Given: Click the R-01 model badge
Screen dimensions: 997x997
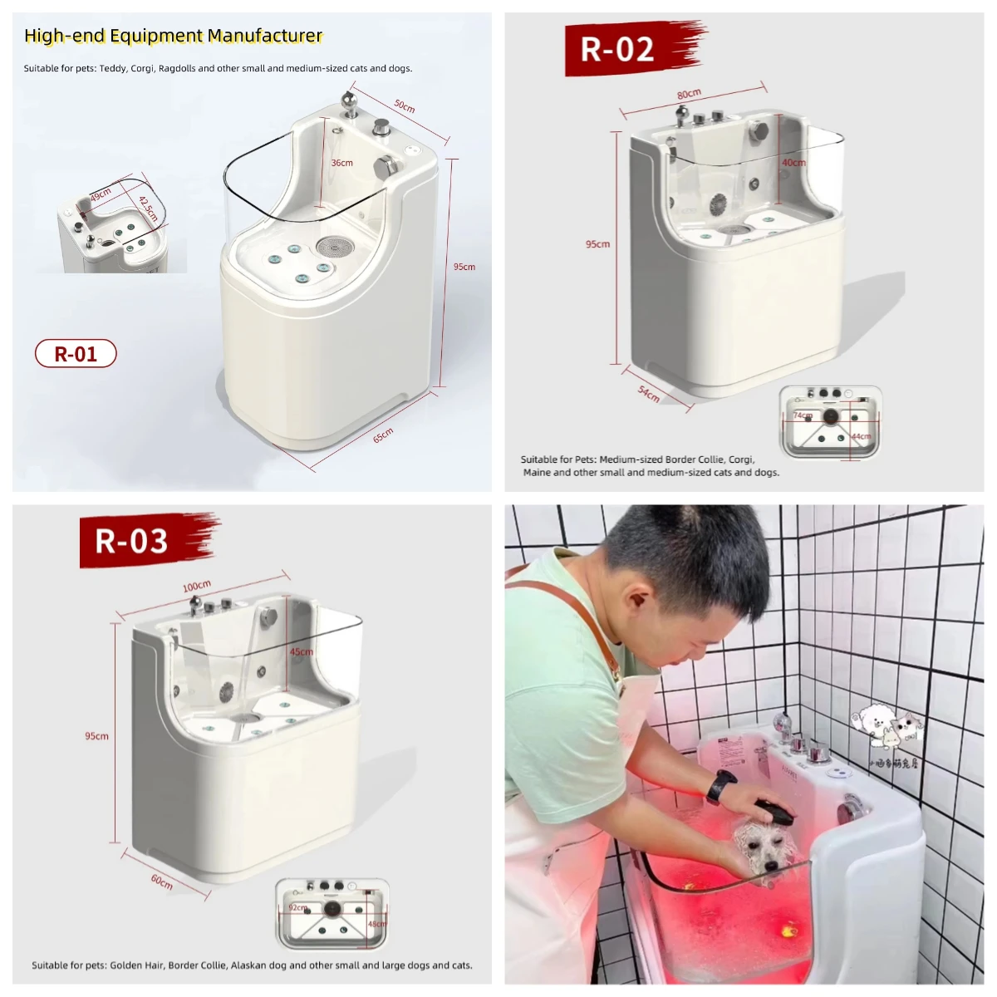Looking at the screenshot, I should coord(76,354).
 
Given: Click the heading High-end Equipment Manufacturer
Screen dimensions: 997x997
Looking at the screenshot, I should coord(173,36).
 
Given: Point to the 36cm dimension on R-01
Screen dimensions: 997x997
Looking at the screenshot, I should coord(342,163).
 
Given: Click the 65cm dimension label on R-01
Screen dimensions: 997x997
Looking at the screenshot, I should coord(383,435).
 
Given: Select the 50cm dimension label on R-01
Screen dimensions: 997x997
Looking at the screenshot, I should coord(405,106).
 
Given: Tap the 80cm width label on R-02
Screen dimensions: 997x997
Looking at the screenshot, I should coord(689,94).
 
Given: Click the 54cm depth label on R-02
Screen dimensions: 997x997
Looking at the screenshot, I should coord(649,394).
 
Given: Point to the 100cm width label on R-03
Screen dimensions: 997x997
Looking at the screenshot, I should coord(197,587).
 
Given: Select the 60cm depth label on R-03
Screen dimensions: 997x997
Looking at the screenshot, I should coord(162,882).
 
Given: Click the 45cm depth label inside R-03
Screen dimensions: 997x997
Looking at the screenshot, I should coord(301,652).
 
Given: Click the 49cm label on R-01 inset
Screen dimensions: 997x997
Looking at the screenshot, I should coord(101,195).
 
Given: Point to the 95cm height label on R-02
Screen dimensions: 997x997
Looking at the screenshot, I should coord(597,244).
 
